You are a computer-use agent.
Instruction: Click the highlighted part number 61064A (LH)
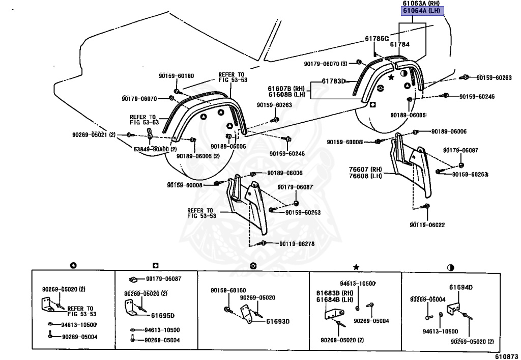point(421,11)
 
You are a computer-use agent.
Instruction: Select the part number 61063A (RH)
point(421,4)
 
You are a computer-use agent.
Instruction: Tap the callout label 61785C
point(377,39)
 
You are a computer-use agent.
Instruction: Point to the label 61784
point(400,44)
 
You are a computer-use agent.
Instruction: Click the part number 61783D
point(334,81)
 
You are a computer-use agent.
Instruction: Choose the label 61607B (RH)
point(286,89)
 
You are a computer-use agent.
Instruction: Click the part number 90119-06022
point(427,225)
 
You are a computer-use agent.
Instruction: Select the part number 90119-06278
point(297,244)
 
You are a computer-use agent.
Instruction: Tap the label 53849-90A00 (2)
point(155,149)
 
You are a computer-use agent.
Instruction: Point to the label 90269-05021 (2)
point(94,134)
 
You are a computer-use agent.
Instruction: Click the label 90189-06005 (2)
point(198,156)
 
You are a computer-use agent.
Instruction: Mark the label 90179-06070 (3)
point(326,63)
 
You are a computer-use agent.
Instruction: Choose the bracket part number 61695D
point(163,316)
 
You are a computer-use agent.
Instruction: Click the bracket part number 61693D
point(278,321)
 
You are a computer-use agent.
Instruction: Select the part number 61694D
point(461,287)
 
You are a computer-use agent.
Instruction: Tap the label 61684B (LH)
point(335,299)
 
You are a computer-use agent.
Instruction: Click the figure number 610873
point(506,356)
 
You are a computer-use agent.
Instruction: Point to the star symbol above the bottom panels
point(356,267)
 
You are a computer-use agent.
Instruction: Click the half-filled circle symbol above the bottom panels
point(451,267)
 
